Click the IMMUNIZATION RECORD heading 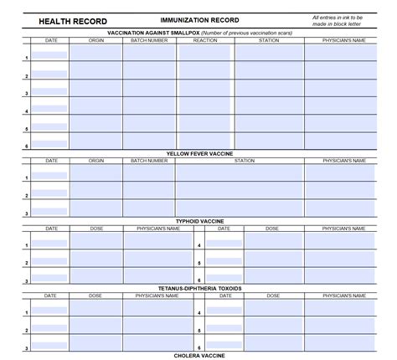click(199, 20)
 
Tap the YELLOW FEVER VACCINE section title click(198, 154)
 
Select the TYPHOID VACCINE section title click(198, 221)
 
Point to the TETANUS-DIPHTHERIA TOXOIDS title click(198, 288)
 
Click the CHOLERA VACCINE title click(198, 355)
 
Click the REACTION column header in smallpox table click(204, 39)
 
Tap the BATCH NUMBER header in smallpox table click(149, 39)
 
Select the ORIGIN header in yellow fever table click(96, 161)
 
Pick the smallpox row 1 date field click(50, 55)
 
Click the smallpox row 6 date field click(50, 143)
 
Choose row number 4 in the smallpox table click(27, 111)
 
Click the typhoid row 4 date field click(224, 244)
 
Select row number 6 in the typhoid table click(199, 280)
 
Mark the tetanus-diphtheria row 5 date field click(224, 328)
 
